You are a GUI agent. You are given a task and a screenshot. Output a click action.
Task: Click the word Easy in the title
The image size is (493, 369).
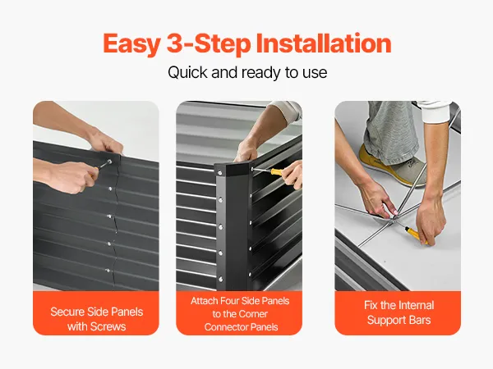(132, 44)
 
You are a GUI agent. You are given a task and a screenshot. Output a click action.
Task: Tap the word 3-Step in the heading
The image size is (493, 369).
(209, 44)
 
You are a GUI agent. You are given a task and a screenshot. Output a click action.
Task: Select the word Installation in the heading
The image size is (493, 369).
(324, 43)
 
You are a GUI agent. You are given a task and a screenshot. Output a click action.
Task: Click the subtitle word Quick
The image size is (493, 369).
(187, 72)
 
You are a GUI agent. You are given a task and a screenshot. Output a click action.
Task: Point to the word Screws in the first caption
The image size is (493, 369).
(108, 326)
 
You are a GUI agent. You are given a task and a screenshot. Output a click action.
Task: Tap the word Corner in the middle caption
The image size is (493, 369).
(251, 314)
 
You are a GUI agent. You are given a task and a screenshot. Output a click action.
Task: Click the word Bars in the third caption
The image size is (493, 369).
(420, 320)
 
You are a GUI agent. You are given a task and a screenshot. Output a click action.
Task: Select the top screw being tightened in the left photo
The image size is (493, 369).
(109, 162)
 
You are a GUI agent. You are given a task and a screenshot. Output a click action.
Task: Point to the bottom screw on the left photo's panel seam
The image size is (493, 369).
(108, 271)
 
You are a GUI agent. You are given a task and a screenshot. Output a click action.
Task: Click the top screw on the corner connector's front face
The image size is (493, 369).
(219, 172)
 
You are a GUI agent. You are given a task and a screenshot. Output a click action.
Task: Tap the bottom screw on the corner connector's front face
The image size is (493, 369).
(221, 279)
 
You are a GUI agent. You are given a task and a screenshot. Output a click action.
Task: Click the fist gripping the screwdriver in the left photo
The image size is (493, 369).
(73, 176)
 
